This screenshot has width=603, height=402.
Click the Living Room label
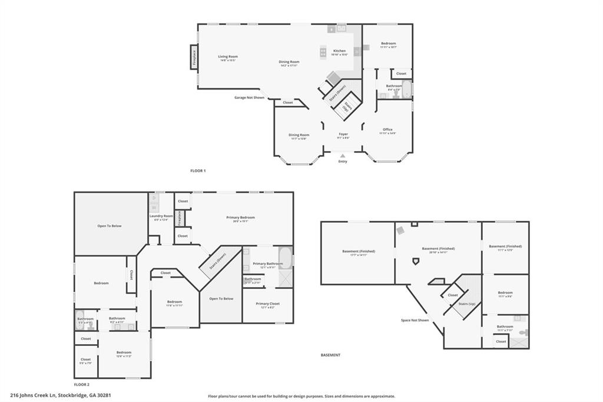[x=228, y=57]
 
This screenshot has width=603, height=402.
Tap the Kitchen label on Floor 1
[x=340, y=51]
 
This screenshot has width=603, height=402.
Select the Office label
[x=387, y=130]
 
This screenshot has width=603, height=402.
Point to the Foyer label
[x=343, y=134]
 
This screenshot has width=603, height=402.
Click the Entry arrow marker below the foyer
[x=343, y=156]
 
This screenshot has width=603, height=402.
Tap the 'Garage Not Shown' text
[x=249, y=97]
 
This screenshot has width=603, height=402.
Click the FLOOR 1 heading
[x=198, y=170]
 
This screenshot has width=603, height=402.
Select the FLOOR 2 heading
[x=82, y=384]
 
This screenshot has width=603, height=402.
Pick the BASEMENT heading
[x=330, y=355]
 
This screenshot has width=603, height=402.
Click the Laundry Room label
[x=161, y=216]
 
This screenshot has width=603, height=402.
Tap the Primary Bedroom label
[x=240, y=218]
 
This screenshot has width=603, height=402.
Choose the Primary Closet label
[x=267, y=304]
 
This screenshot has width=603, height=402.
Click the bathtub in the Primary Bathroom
[x=285, y=258]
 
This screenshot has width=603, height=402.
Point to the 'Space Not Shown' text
[x=415, y=320]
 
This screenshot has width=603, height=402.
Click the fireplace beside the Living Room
[x=193, y=58]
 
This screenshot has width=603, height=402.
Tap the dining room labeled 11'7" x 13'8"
[x=299, y=135]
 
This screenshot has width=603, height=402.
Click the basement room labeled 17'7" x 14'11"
[x=358, y=252]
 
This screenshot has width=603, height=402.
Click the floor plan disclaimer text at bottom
[x=301, y=396]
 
